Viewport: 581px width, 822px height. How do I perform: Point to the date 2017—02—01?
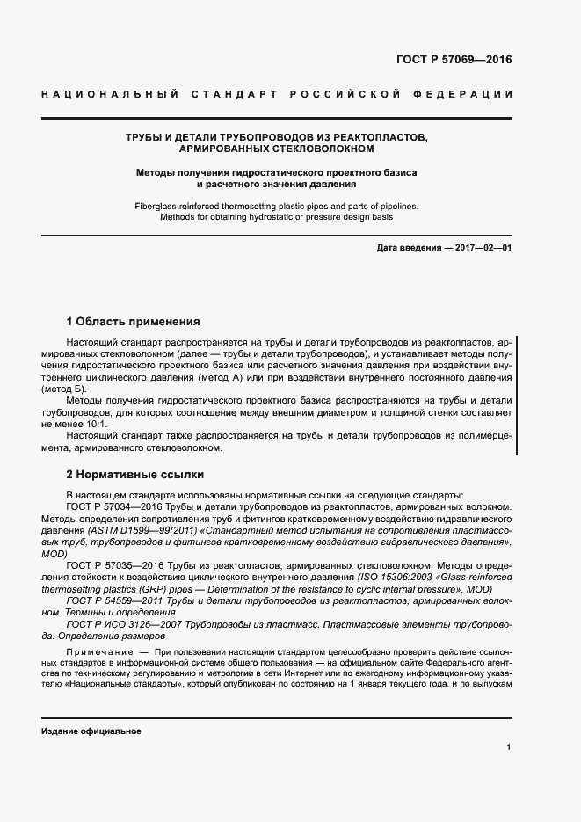tap(482, 249)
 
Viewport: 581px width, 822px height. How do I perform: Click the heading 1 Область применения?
tap(134, 322)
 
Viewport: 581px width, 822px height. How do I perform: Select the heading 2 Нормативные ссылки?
tap(134, 474)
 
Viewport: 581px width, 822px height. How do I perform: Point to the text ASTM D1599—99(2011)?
tap(133, 530)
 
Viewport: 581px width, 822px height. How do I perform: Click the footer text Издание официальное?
tap(91, 731)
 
